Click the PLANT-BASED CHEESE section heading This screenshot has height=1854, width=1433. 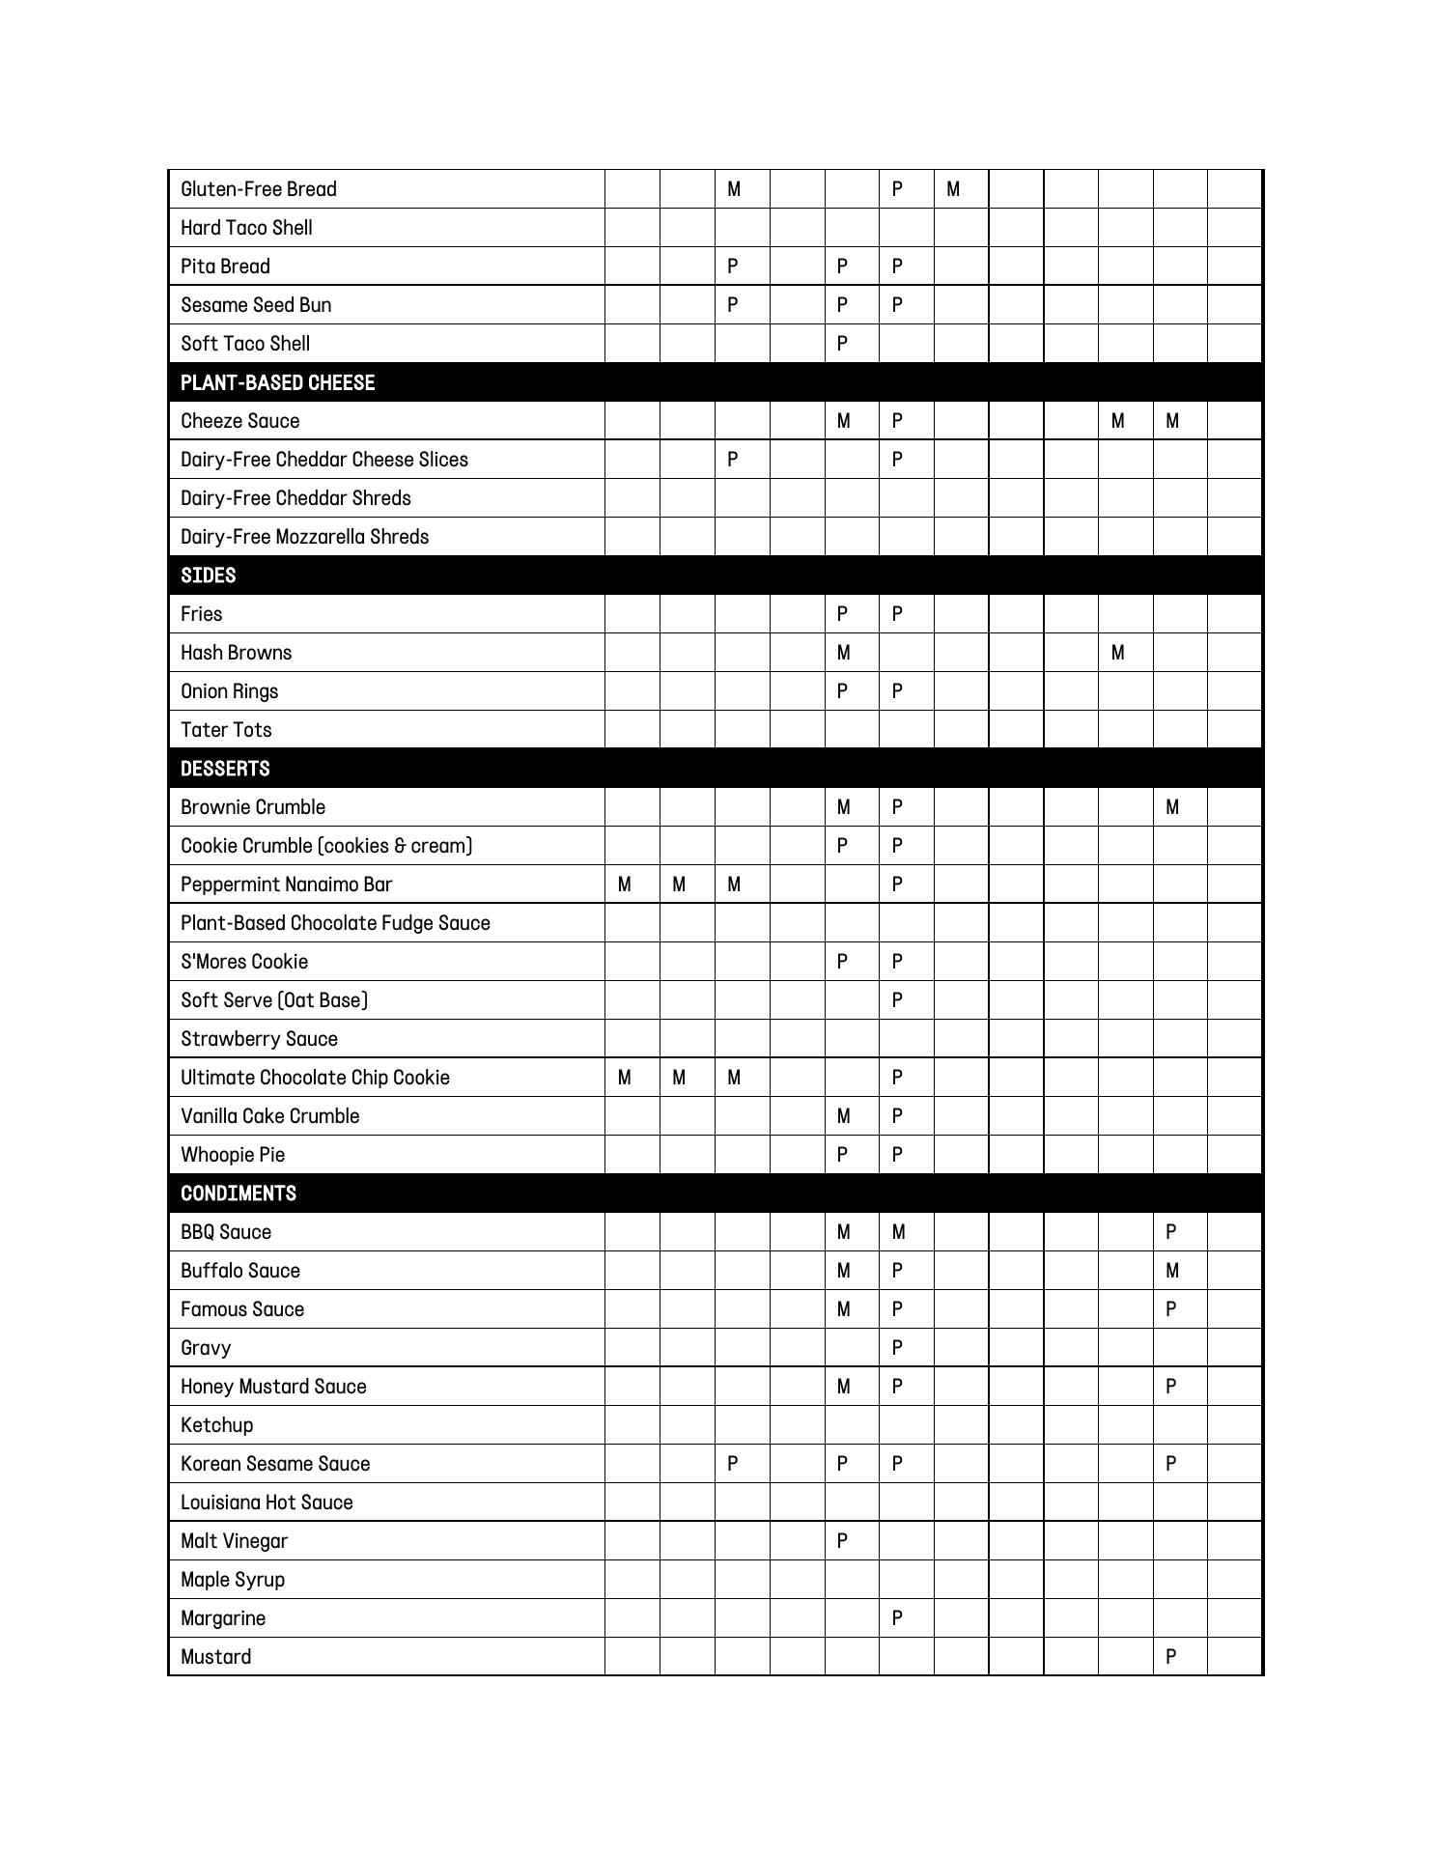pos(277,382)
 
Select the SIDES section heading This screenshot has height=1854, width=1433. pos(208,576)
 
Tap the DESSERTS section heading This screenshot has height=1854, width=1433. pos(225,769)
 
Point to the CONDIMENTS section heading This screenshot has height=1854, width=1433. pos(238,1194)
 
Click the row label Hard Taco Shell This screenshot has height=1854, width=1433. pos(246,228)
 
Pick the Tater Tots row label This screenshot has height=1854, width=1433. pos(226,730)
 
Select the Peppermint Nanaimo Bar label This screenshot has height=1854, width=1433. pos(286,885)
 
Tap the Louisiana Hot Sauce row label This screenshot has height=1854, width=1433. pos(267,1503)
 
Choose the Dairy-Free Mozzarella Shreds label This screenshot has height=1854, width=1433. pos(304,537)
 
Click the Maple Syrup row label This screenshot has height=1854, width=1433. pos(233,1580)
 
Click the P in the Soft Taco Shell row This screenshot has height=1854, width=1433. pos(842,344)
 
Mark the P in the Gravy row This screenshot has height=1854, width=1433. pos(897,1348)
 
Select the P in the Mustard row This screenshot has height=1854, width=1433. pos(1171,1657)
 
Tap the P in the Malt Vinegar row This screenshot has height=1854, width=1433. pos(842,1541)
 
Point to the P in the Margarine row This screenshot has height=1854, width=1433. pos(897,1618)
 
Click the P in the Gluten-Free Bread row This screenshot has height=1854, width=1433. pos(897,189)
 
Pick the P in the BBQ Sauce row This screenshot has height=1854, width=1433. pos(1171,1232)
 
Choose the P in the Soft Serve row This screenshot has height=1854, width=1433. pos(897,1000)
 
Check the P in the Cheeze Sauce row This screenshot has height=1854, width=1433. pos(897,421)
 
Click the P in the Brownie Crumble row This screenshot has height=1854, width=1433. pos(897,807)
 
